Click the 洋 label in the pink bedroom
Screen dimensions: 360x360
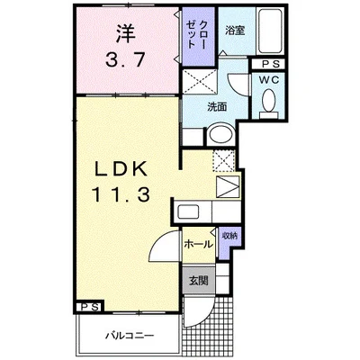click(126, 33)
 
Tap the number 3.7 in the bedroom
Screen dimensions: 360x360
click(126, 59)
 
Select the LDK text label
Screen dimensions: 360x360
click(121, 170)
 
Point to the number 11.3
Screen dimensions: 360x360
click(121, 194)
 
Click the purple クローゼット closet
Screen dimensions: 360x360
click(198, 36)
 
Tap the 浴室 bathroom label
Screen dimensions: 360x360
click(235, 31)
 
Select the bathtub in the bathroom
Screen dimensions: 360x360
click(270, 31)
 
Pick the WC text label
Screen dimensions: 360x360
click(269, 80)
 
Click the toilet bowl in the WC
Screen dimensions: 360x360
click(269, 101)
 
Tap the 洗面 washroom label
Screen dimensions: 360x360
click(217, 107)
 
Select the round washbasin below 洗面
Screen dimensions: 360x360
click(221, 134)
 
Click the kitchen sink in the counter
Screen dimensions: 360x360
click(188, 211)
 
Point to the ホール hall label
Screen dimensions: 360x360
click(198, 245)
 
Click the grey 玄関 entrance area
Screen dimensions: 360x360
click(199, 280)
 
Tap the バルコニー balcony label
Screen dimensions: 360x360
click(130, 335)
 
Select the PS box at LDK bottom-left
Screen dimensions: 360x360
click(90, 307)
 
